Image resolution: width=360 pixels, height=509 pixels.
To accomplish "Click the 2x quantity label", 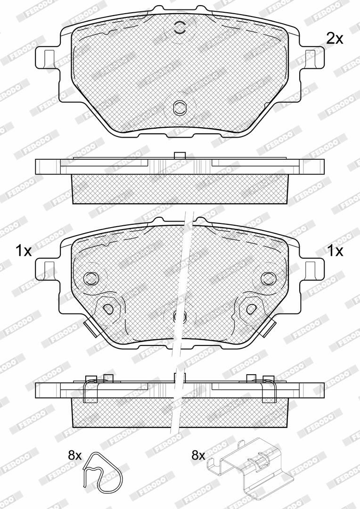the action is click(x=335, y=39).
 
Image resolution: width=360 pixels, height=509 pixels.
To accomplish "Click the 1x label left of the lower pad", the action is click(x=24, y=251).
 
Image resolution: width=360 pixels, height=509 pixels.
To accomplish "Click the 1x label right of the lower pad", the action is click(x=335, y=251).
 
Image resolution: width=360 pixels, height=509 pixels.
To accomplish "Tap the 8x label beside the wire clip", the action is click(x=74, y=455).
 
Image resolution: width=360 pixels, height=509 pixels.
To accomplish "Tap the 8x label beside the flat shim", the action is click(x=198, y=455).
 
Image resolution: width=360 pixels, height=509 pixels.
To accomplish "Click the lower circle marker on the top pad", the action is click(x=180, y=107).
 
